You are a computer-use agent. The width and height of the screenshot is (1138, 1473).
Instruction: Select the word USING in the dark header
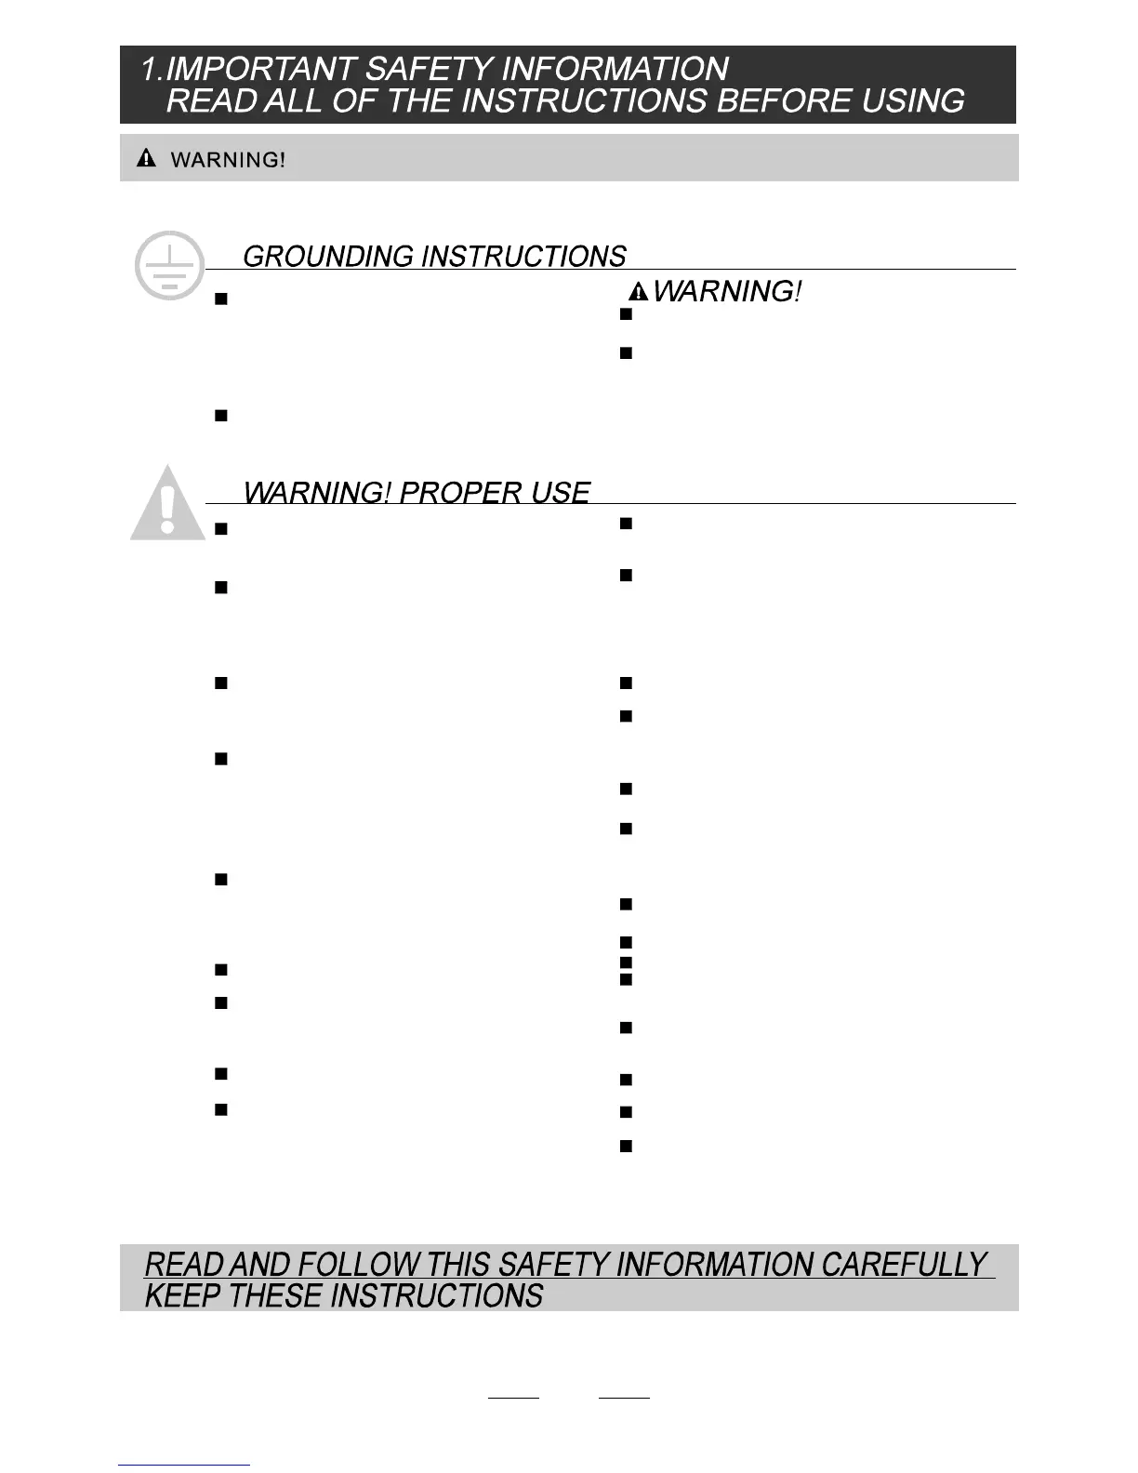(913, 100)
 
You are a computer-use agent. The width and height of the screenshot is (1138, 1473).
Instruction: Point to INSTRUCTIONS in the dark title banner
(584, 100)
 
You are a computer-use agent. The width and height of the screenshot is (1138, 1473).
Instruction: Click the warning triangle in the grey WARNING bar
(146, 158)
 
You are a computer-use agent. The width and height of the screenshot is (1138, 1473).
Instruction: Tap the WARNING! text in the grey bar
(228, 160)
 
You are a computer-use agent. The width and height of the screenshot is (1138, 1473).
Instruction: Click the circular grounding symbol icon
(169, 265)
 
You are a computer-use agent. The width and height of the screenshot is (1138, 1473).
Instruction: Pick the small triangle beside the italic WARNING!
(639, 293)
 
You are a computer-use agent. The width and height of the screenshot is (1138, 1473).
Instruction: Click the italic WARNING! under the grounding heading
(727, 292)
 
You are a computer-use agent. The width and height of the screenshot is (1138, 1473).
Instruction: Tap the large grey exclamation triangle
(167, 504)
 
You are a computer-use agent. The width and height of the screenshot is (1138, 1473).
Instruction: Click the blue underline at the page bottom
(184, 1466)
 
